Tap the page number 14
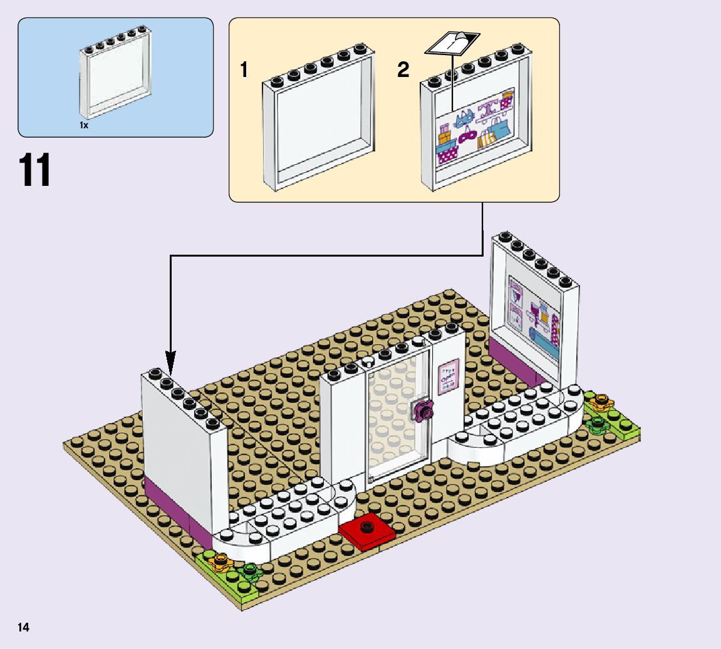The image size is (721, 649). pos(24,627)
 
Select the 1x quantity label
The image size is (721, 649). pos(84,125)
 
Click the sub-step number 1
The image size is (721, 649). pos(244,70)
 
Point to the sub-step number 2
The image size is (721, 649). pos(403,70)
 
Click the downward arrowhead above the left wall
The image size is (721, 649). pos(170,362)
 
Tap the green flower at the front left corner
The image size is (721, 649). pos(251,570)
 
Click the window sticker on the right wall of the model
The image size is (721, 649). pos(534,317)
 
